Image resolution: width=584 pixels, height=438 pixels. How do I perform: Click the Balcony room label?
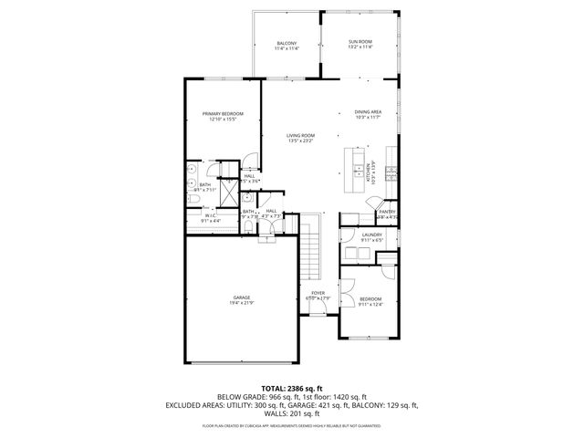pyautogui.click(x=287, y=44)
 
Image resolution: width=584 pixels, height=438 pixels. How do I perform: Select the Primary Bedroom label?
pyautogui.click(x=223, y=113)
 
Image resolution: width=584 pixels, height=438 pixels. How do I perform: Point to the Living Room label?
pyautogui.click(x=300, y=135)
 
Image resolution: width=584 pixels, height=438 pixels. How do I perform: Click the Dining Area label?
pyautogui.click(x=368, y=111)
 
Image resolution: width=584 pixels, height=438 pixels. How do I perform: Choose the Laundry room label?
pyautogui.click(x=371, y=235)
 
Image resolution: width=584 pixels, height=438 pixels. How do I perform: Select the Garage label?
pyautogui.click(x=241, y=297)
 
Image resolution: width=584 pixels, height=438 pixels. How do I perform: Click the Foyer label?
pyautogui.click(x=320, y=293)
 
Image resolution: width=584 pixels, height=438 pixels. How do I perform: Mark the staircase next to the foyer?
pyautogui.click(x=312, y=247)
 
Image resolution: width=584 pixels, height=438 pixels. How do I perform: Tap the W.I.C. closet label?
pyautogui.click(x=210, y=216)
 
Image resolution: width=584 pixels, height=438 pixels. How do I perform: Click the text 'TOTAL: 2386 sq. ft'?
pyautogui.click(x=292, y=389)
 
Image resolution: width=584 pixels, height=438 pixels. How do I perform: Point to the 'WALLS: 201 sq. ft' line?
pyautogui.click(x=292, y=413)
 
